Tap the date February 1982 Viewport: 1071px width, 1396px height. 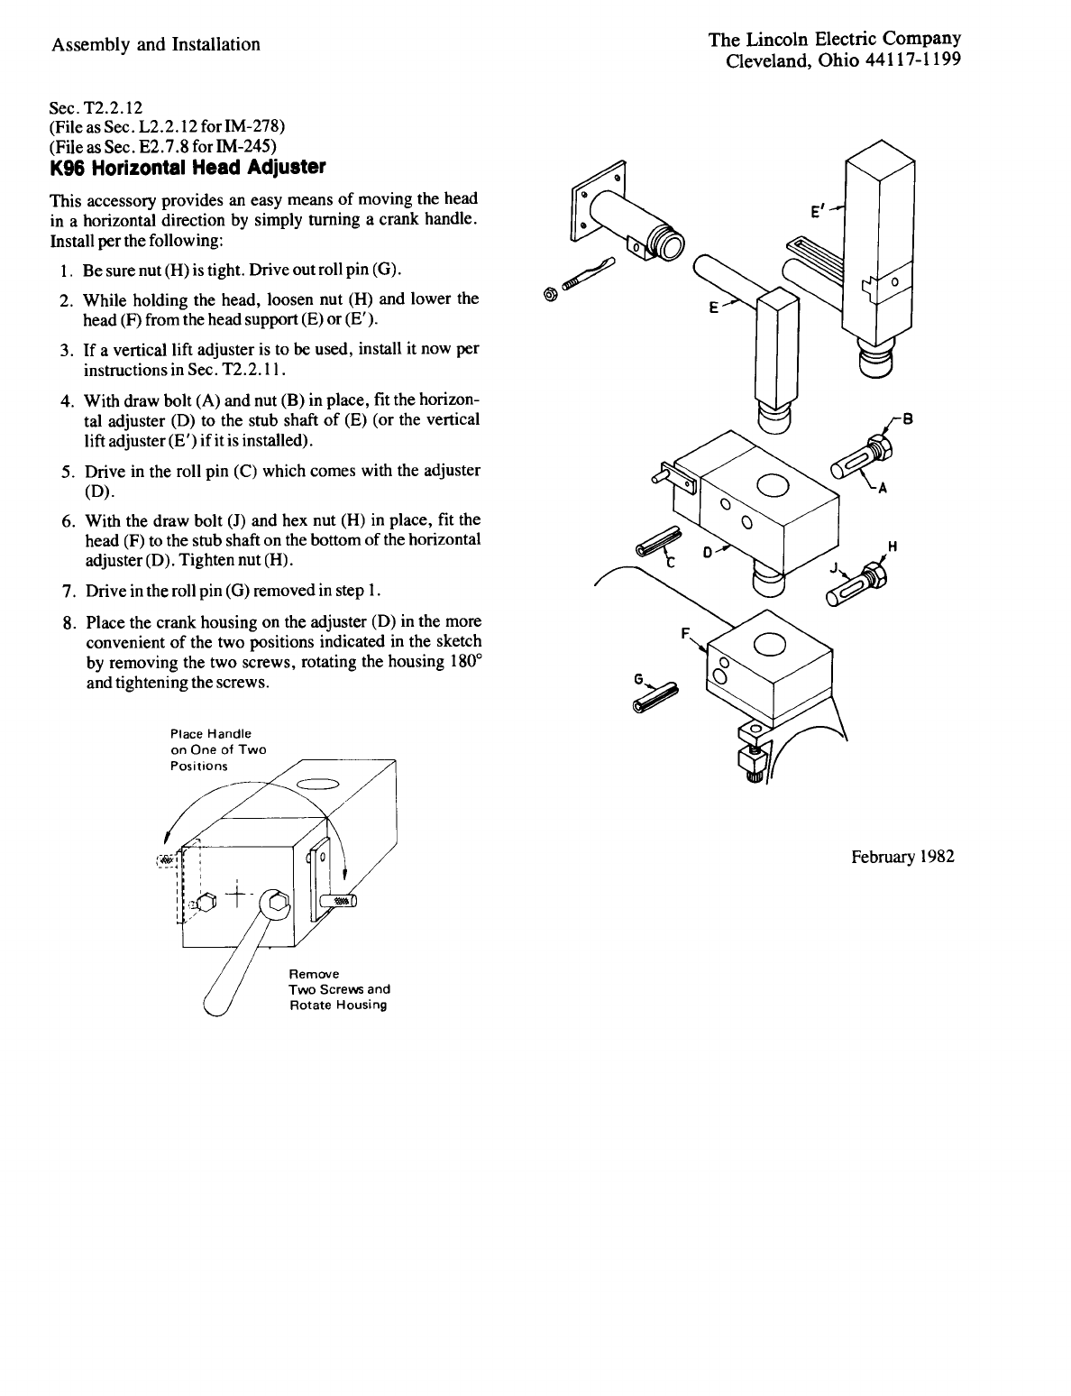click(902, 857)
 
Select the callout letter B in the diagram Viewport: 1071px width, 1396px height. click(908, 418)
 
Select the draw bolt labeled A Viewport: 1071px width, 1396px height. click(856, 460)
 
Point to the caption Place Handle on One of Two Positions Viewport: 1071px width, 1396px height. click(218, 749)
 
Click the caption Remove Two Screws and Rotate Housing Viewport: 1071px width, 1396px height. click(339, 989)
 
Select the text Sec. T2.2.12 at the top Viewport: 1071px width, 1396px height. click(92, 106)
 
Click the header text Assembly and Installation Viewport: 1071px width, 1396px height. click(156, 44)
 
